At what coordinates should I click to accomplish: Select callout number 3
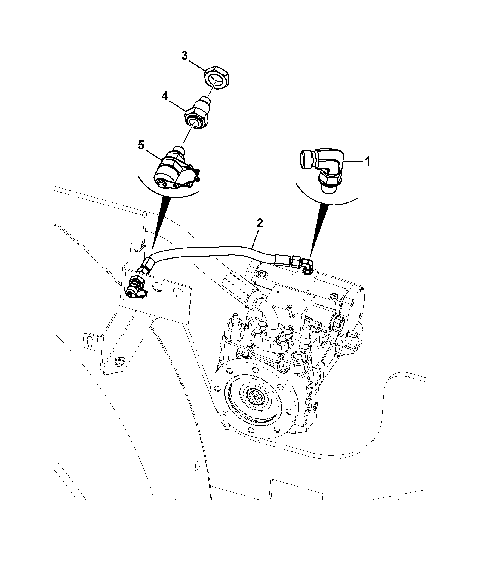point(184,56)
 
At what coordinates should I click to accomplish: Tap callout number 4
point(165,96)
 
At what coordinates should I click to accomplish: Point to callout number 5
point(141,145)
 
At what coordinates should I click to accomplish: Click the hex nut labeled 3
point(216,79)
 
